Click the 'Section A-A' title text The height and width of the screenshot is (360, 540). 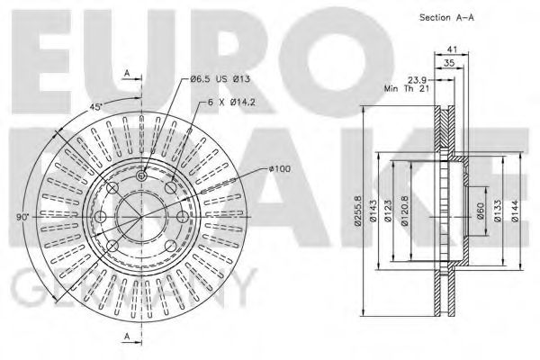[446, 18]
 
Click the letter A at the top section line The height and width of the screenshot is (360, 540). [128, 71]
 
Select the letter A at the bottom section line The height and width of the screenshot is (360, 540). [128, 337]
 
